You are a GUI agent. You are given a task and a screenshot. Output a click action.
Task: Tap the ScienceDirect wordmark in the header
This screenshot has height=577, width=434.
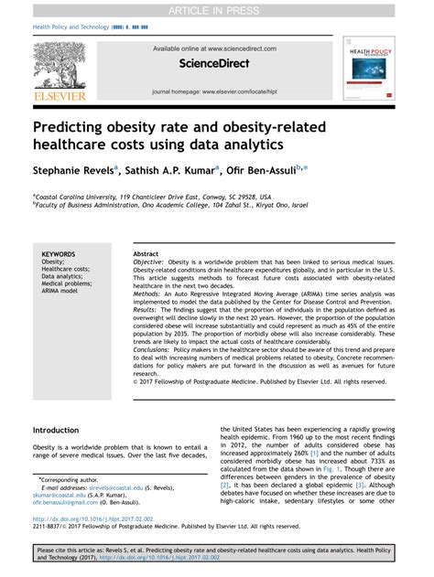click(x=217, y=68)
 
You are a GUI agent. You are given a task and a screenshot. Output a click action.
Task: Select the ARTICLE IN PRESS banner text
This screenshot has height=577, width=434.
click(x=217, y=10)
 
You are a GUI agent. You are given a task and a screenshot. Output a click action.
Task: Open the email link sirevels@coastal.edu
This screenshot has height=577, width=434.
click(x=110, y=488)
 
